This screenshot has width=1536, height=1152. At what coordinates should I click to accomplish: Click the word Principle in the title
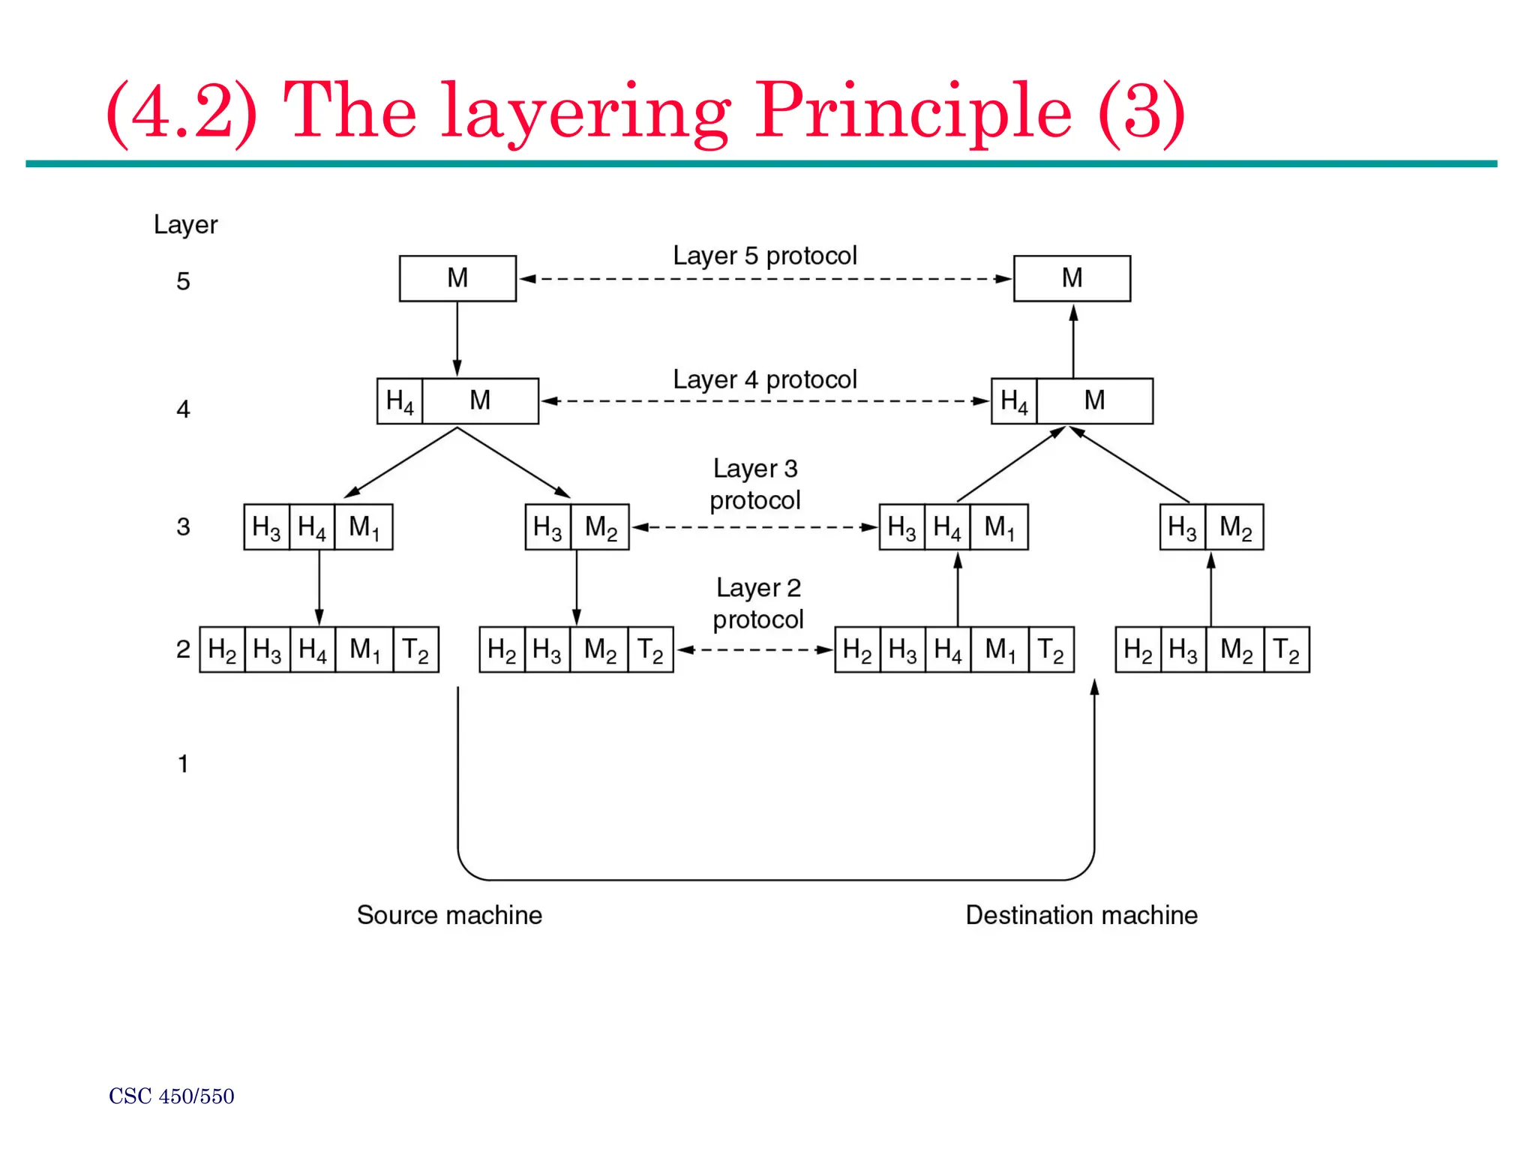913,112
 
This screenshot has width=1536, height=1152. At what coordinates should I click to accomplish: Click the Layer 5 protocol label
764,256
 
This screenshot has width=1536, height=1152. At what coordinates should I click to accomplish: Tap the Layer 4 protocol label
764,379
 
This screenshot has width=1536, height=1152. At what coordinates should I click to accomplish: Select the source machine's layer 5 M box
457,278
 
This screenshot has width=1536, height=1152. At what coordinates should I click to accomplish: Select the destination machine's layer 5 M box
1072,278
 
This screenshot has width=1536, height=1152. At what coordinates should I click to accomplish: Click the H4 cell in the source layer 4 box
400,401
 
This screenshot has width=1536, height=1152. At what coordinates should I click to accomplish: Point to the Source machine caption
449,915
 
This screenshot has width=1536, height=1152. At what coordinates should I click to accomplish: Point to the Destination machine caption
1081,915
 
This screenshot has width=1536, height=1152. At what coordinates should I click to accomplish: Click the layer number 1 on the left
182,764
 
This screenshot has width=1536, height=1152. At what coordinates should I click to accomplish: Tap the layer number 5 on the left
183,282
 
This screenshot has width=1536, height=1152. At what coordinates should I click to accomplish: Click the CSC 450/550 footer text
172,1096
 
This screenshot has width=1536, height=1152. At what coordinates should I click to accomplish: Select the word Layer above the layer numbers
185,225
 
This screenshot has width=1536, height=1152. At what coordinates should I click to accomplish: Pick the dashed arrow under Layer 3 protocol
754,527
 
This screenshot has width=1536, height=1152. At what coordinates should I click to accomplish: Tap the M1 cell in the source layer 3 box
364,527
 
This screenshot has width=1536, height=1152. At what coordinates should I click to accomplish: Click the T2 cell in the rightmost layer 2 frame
1287,649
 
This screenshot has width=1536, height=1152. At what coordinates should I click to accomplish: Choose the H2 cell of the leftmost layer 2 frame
222,649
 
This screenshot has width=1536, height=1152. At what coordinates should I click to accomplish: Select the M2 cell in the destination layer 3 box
1234,527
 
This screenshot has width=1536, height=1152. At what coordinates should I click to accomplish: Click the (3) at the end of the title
1141,112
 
